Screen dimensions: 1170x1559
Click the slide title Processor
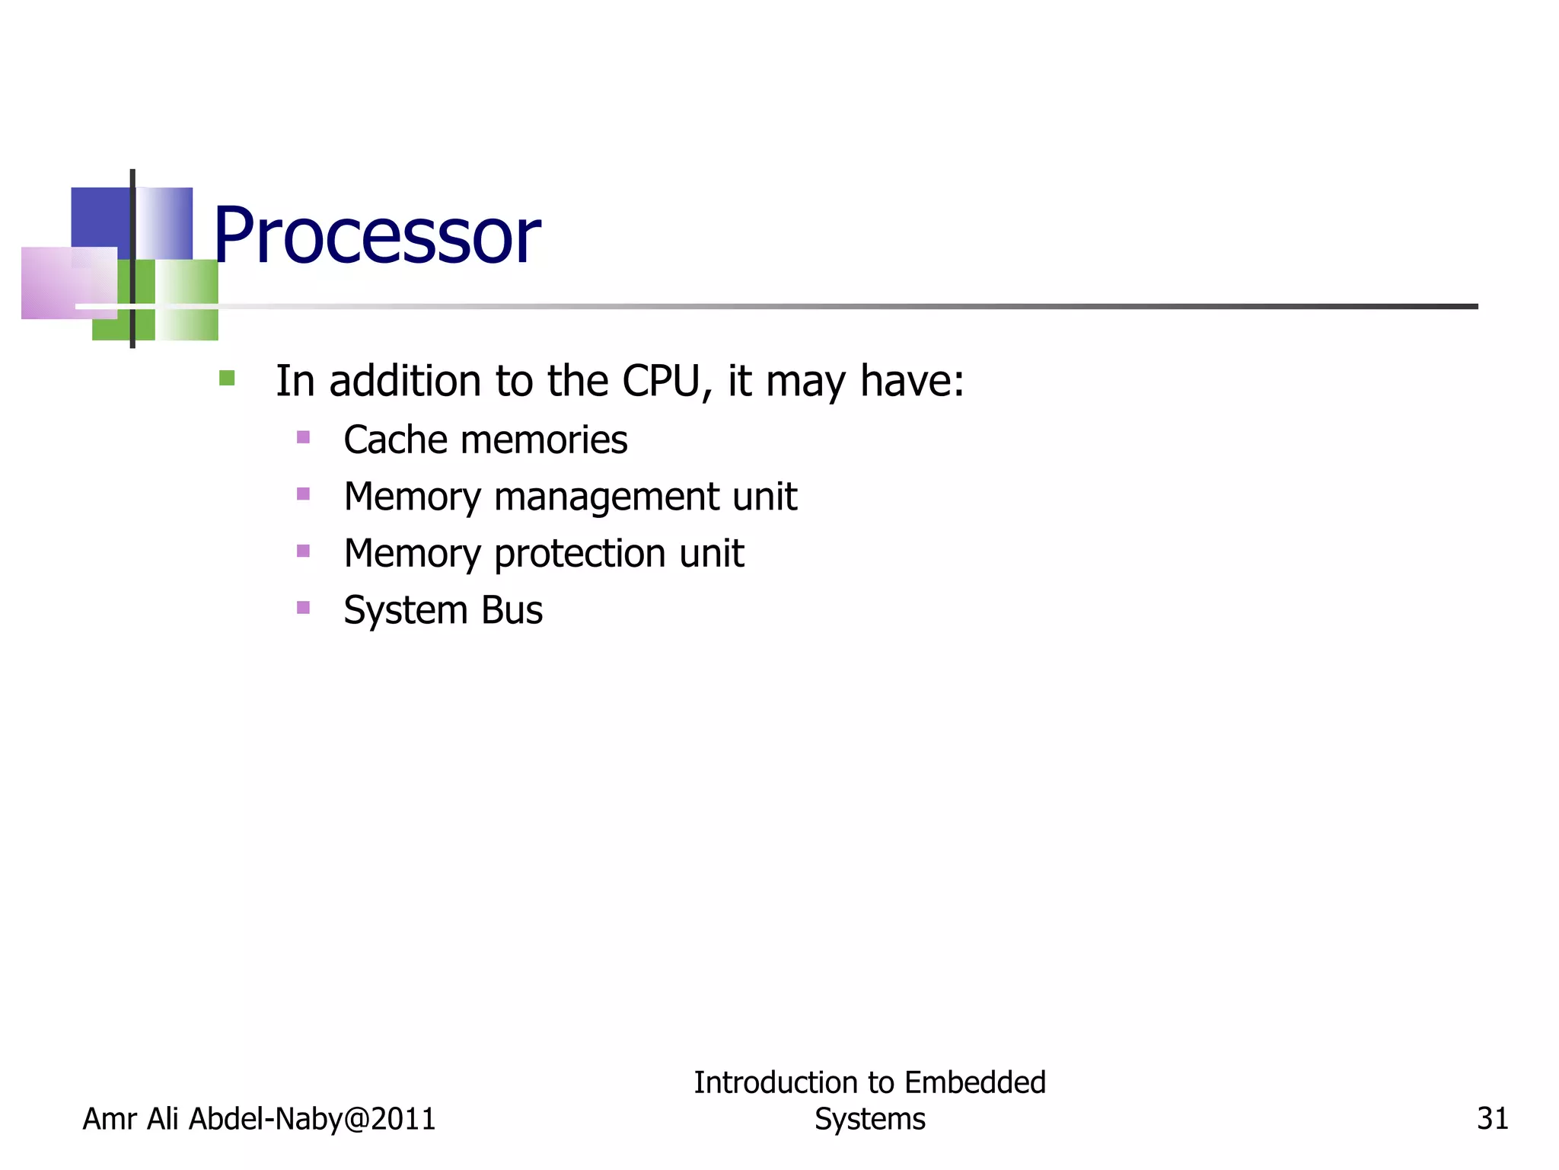[377, 235]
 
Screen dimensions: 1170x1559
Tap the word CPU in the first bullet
[660, 381]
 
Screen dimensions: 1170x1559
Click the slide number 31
[1492, 1118]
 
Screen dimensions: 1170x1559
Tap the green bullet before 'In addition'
[227, 379]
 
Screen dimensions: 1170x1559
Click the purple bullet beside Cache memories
[304, 437]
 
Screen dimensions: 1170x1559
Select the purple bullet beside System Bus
[304, 608]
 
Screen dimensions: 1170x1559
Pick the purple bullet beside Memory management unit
[304, 494]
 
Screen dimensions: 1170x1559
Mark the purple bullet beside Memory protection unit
[304, 551]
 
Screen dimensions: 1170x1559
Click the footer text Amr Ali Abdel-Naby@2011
[259, 1119]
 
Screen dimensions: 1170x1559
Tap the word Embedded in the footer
[975, 1082]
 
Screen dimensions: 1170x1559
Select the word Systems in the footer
[869, 1119]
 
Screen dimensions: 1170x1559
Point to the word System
[405, 611]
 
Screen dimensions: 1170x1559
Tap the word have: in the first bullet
[912, 381]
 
